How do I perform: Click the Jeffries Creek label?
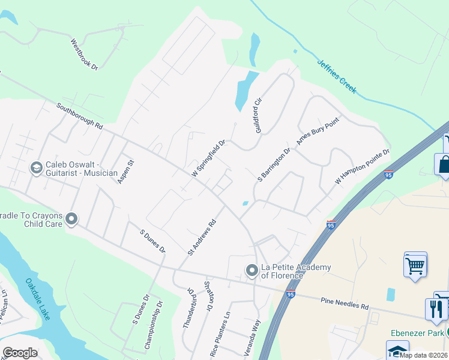pos(337,76)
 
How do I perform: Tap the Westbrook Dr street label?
pos(84,55)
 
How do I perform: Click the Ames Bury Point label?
pos(318,131)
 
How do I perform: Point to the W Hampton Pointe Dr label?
pos(363,166)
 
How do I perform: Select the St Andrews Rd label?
pos(201,236)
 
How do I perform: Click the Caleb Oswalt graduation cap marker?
pos(36,167)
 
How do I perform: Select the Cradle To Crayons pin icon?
pos(73,219)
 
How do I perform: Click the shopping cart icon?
pos(415,265)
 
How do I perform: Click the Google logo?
pos(20,353)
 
